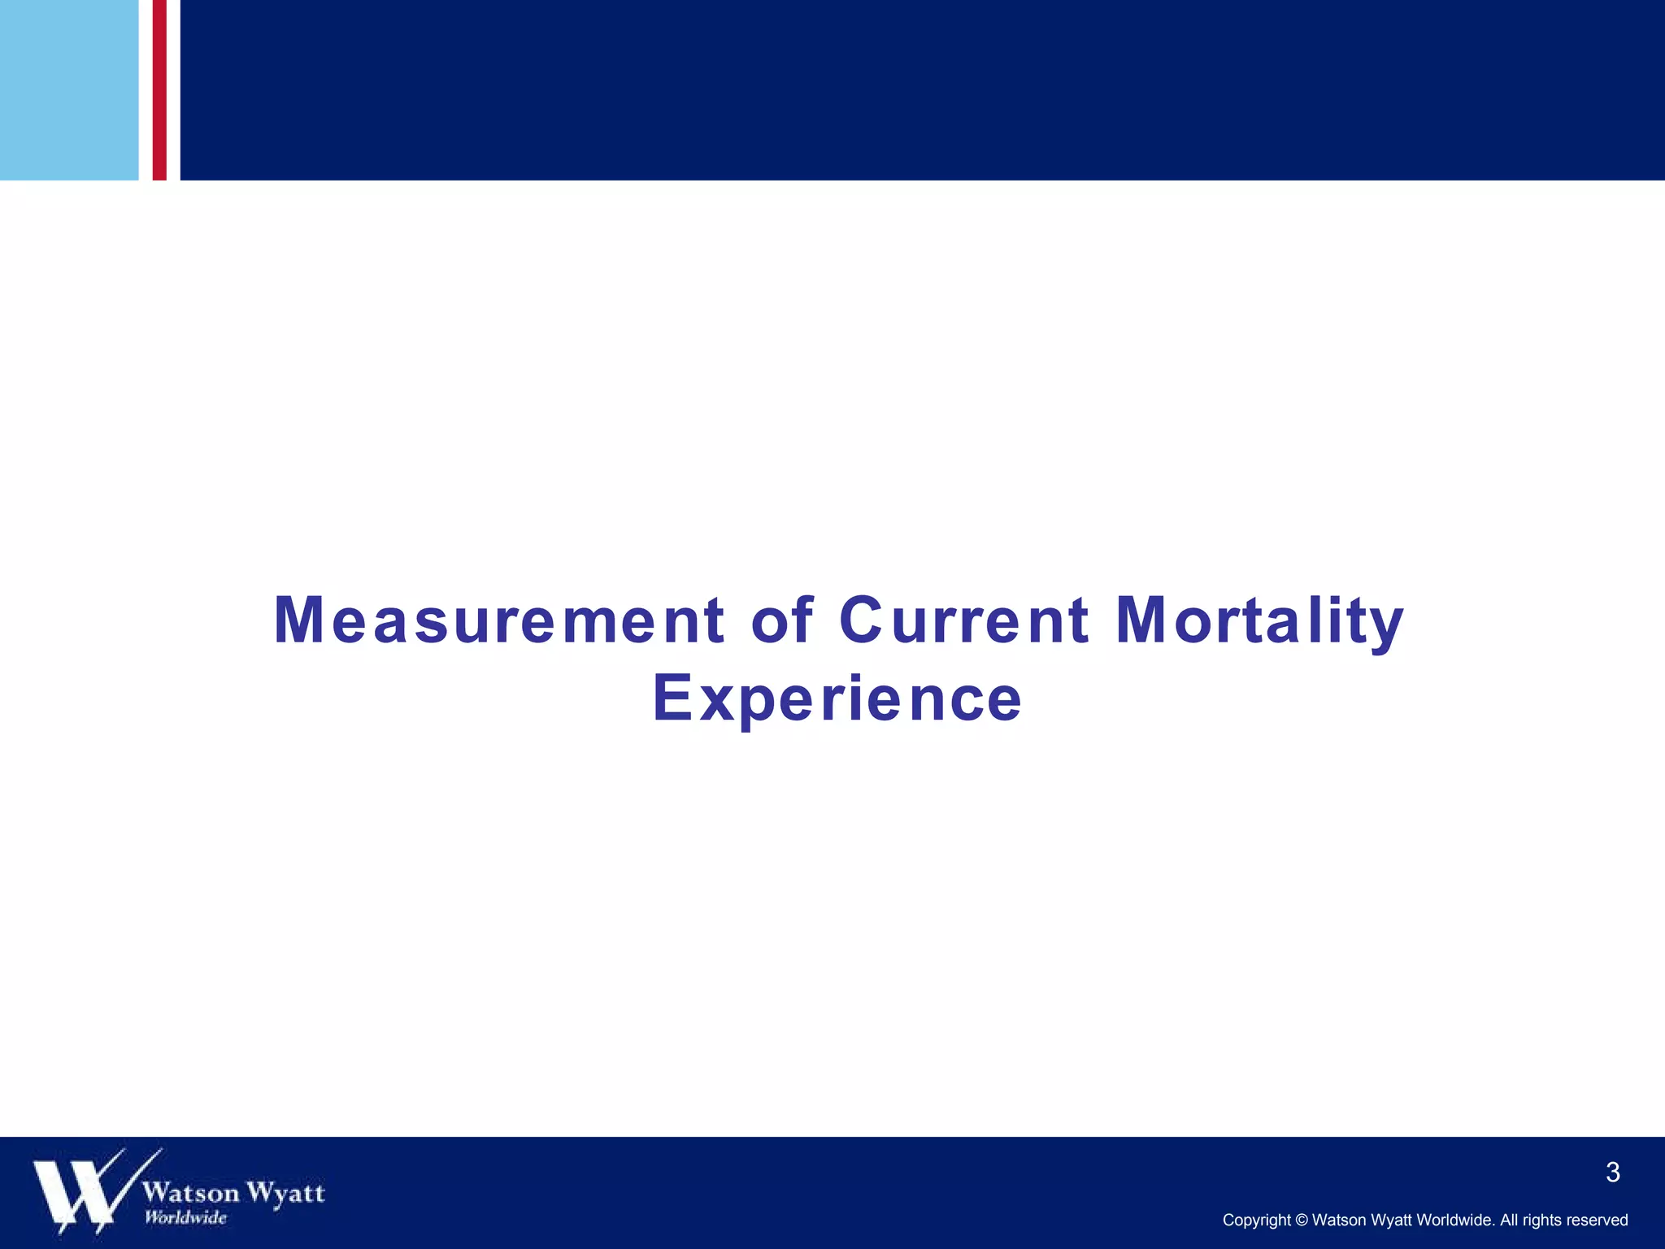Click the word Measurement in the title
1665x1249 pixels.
498,621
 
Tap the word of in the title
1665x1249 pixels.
781,621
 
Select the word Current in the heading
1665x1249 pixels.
963,621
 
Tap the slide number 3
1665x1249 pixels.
1613,1173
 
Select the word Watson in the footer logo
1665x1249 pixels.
191,1193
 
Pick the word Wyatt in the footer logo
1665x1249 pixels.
285,1194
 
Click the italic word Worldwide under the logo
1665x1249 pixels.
185,1217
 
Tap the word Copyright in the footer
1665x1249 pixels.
1256,1221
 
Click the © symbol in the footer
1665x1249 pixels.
1302,1221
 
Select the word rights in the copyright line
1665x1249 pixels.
1542,1221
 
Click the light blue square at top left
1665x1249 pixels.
69,89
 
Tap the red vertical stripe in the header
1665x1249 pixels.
159,89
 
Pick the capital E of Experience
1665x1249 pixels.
672,698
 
